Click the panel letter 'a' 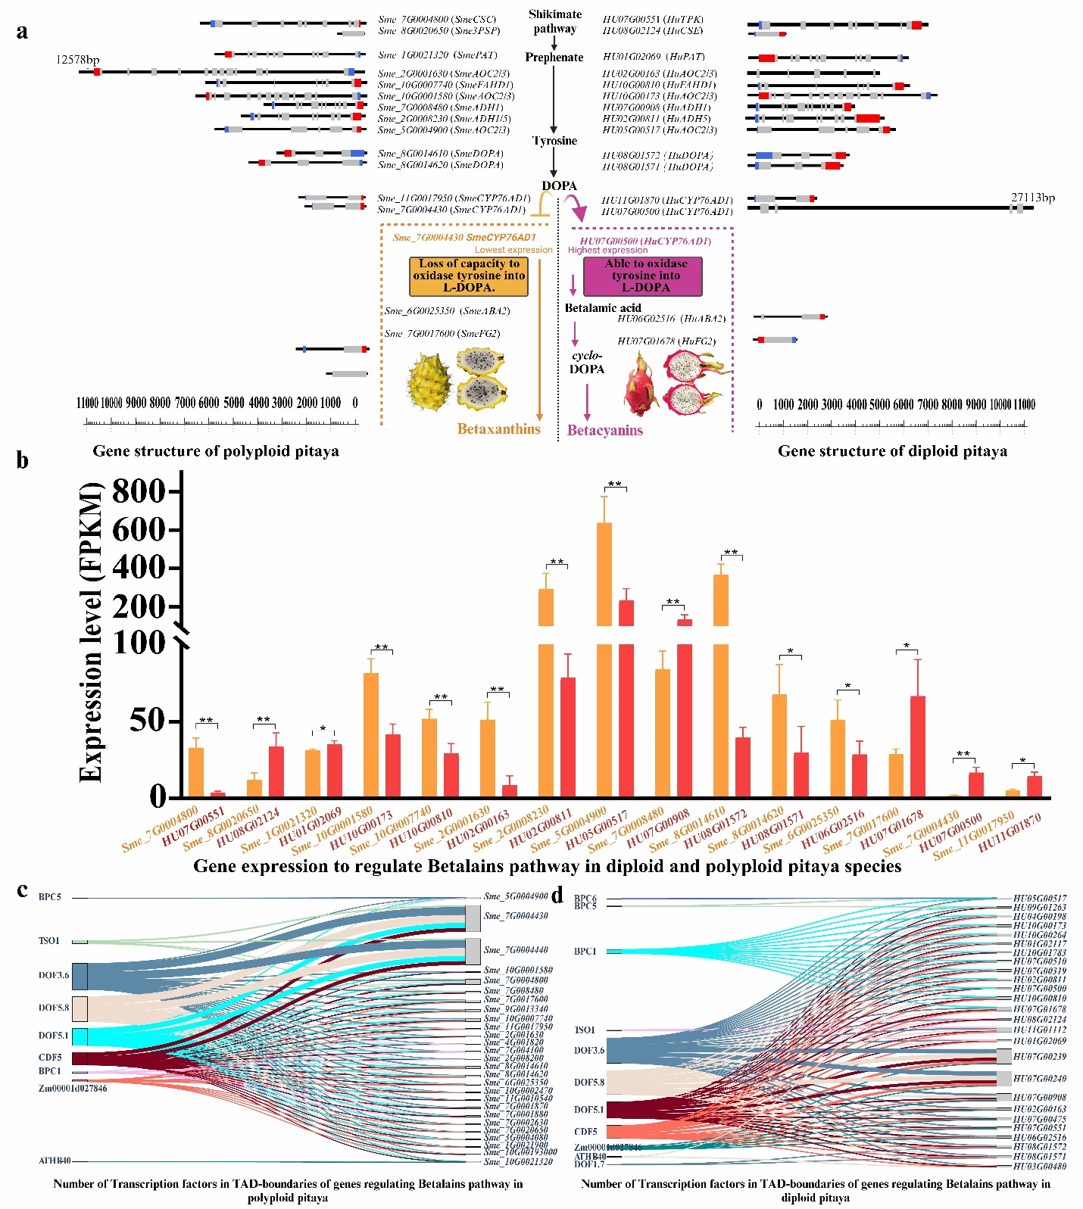click(23, 32)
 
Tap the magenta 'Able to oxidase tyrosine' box click(642, 276)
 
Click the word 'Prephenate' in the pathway click(554, 58)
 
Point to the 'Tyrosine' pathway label click(554, 141)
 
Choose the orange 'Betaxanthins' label click(498, 429)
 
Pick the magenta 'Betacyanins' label click(605, 431)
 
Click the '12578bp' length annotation click(77, 60)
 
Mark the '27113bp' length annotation click(1032, 198)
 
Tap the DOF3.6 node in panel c click(80, 976)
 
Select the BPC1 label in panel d click(585, 952)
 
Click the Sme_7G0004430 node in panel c click(473, 918)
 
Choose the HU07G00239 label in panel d click(1039, 1057)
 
